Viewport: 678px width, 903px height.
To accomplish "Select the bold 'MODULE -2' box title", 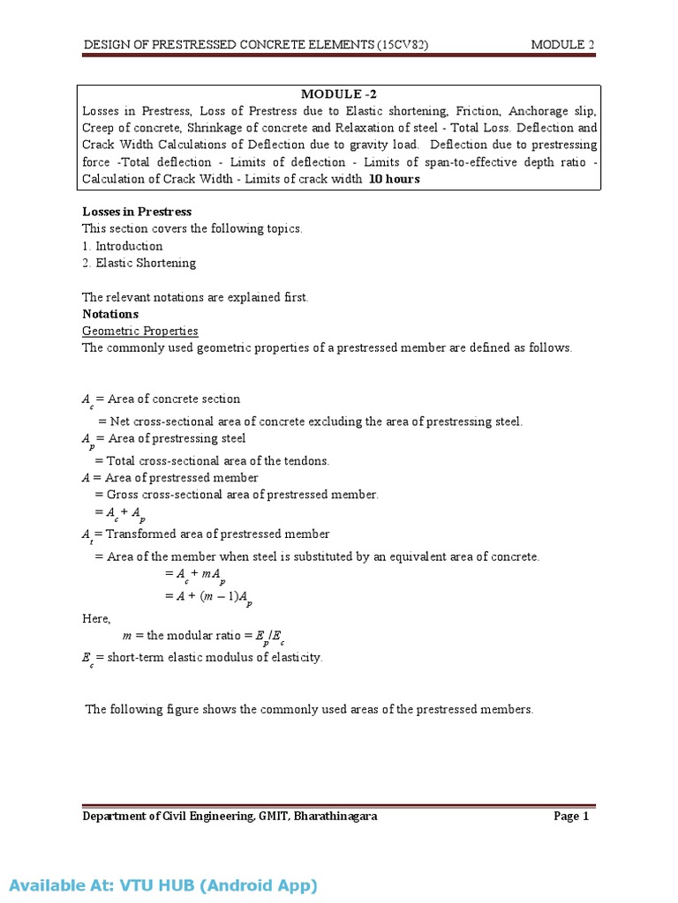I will click(338, 95).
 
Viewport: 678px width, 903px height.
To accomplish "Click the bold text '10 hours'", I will click(394, 179).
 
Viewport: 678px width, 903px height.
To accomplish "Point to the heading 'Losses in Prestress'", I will click(137, 212).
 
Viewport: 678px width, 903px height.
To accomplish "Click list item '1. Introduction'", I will click(122, 246).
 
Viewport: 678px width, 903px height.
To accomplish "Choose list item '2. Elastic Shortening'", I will click(139, 263).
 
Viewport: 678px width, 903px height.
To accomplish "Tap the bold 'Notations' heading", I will click(110, 314).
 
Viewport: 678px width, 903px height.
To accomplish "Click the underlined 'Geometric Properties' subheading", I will click(140, 331).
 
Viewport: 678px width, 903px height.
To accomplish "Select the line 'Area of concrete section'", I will click(173, 399).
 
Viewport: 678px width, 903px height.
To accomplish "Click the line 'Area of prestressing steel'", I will click(175, 438).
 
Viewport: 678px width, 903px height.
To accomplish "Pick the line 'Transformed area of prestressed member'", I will click(217, 534).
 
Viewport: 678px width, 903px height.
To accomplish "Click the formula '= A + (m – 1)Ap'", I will click(208, 597).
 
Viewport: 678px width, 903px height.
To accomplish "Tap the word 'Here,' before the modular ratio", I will click(97, 618).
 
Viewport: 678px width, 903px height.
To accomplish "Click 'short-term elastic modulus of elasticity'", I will click(215, 658).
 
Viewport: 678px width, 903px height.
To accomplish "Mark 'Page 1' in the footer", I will click(571, 817).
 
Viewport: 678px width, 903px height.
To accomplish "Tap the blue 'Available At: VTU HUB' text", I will click(163, 885).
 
